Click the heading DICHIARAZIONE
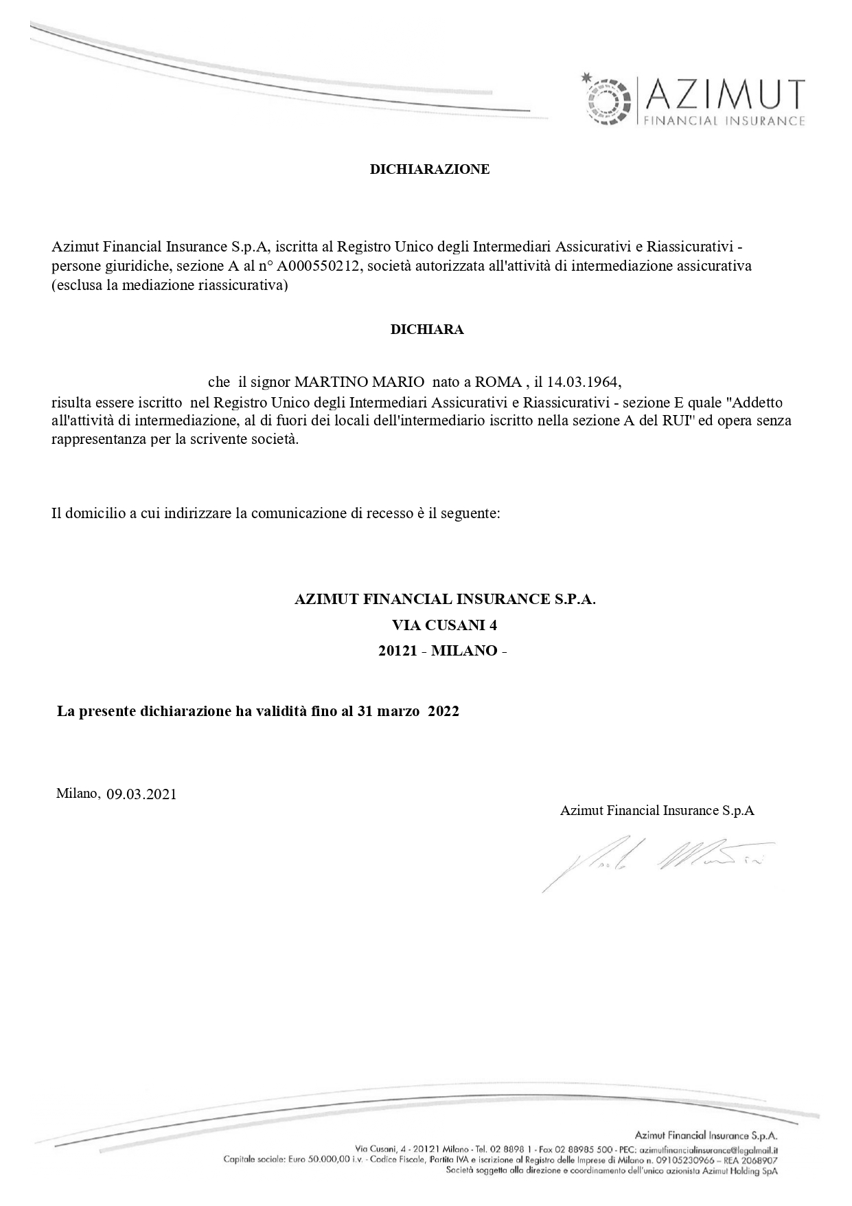[x=430, y=169]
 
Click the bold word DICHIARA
[x=426, y=329]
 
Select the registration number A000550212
[x=319, y=266]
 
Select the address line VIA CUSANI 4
[x=444, y=625]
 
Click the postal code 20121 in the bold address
[x=398, y=651]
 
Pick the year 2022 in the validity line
[x=443, y=711]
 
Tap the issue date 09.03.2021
[x=141, y=794]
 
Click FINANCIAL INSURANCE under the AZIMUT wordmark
[x=722, y=122]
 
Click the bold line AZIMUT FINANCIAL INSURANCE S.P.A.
[x=445, y=599]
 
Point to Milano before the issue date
[x=78, y=794]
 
